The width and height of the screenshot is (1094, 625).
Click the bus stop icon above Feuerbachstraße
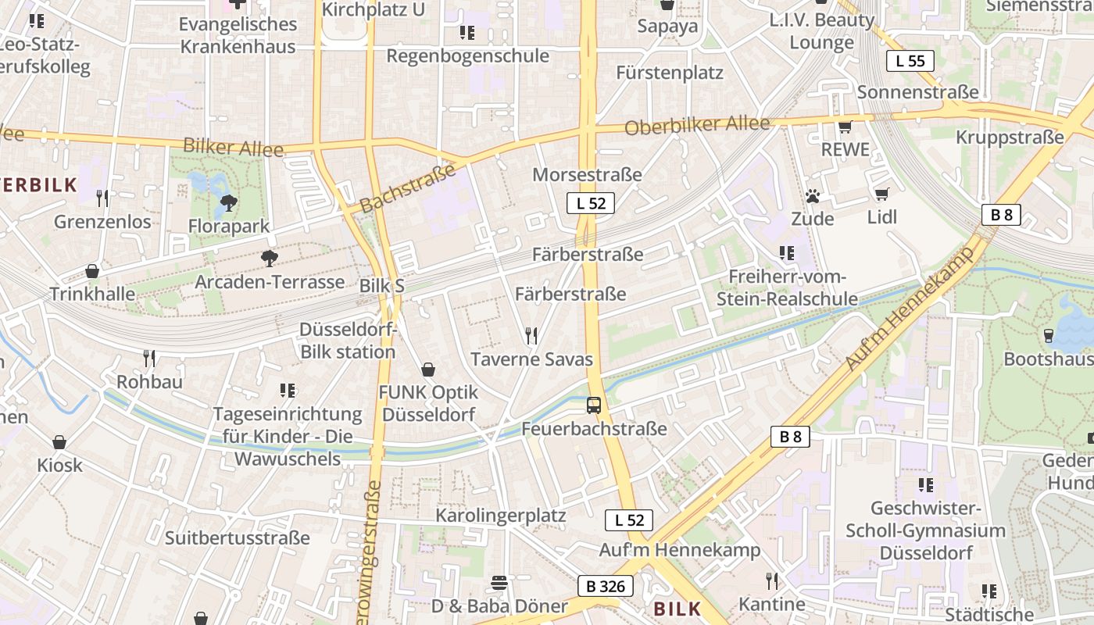594,405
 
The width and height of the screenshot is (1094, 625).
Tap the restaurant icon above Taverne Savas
531,336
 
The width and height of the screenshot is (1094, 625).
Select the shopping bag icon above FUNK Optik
428,369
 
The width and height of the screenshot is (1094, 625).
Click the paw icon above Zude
813,195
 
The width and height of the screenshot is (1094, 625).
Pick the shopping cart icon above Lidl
882,194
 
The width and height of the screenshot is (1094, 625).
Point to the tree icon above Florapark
229,203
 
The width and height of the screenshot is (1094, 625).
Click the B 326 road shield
605,586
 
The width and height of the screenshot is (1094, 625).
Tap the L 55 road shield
910,61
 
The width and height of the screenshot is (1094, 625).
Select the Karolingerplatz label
500,516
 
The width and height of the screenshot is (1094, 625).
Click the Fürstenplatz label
670,73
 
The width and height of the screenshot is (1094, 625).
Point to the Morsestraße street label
587,174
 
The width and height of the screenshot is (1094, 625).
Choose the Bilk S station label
381,286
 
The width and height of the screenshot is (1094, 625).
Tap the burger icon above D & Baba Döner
499,583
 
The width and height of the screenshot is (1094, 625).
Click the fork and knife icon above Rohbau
149,359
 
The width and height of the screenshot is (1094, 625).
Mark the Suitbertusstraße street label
237,537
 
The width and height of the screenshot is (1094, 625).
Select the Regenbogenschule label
467,56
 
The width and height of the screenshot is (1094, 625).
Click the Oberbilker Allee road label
698,125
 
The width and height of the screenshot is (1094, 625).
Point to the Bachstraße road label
408,188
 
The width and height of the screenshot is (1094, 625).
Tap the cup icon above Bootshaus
1049,336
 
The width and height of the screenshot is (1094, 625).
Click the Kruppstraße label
1010,137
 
